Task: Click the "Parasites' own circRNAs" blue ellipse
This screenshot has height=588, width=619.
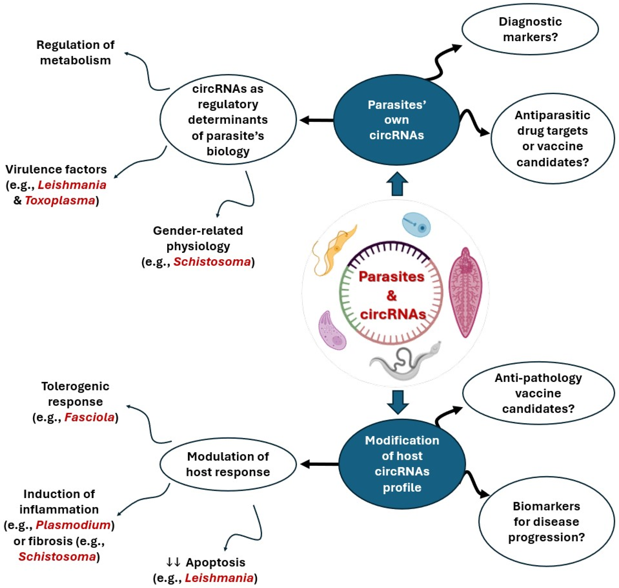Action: (396, 120)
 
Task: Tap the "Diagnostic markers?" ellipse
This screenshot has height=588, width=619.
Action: (530, 29)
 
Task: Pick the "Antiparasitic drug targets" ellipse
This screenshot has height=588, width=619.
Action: (552, 138)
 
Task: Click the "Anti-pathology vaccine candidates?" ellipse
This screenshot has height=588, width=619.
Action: (539, 393)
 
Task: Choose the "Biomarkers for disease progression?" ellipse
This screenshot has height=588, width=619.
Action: (547, 521)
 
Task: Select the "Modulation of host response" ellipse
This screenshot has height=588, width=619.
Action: (228, 464)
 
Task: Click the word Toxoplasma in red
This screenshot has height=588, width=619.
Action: (60, 201)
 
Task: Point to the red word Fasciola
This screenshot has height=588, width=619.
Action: (89, 418)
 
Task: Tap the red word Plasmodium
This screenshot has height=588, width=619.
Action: (73, 525)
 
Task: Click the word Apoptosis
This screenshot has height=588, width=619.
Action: (216, 563)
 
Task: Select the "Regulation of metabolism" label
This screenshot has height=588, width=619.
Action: (76, 53)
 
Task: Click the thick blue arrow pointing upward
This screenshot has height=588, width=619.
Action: (397, 184)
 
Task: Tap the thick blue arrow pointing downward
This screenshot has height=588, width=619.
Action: (397, 402)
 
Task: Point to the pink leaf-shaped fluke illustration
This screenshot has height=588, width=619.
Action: (465, 293)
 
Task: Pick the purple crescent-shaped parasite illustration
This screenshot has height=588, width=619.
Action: (332, 330)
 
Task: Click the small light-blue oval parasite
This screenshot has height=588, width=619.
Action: (416, 225)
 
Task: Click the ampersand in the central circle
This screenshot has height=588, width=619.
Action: (392, 295)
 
